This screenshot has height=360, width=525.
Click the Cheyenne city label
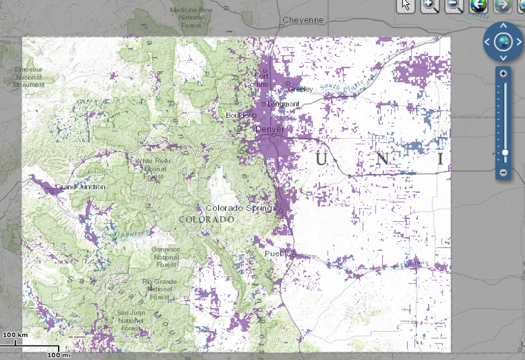coord(303,20)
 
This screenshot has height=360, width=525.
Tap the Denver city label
coord(269,129)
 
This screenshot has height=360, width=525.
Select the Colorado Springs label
coord(241,208)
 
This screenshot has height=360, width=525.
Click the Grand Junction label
coord(80,187)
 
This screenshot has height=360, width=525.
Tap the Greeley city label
coord(300,89)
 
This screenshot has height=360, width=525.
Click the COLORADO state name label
coord(207,219)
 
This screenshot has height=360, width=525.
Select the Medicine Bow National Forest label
coord(191,18)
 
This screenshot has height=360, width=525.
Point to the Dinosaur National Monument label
coord(28,77)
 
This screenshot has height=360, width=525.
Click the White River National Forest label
coord(153,169)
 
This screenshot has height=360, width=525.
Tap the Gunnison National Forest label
coord(166,257)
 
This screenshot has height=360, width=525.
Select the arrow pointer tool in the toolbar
coord(406,6)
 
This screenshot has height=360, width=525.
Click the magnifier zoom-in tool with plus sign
coord(430,6)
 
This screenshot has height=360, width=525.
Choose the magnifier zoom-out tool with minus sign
coord(453,6)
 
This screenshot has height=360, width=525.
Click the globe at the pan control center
coord(503,41)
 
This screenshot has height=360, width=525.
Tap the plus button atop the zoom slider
coord(504,74)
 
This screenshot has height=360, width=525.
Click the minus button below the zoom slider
coord(504,171)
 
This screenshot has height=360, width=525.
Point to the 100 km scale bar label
coord(15,334)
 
